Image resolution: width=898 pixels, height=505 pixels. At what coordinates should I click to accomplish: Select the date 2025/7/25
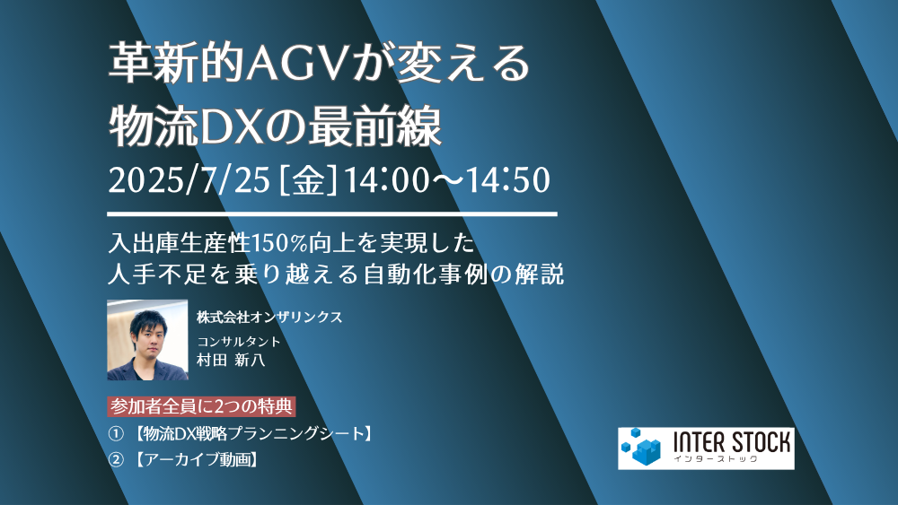189,179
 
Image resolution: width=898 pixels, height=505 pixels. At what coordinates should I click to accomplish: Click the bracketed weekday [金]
308,179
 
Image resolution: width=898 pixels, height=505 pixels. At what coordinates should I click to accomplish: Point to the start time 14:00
386,179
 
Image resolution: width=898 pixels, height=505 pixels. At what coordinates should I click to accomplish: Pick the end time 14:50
508,179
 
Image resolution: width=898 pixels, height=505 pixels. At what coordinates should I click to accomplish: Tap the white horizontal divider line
332,214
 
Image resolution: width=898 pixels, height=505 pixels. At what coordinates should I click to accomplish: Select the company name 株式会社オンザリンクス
269,317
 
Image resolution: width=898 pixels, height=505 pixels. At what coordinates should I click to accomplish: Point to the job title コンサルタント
238,342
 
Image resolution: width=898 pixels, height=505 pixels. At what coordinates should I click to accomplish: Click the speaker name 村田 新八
231,361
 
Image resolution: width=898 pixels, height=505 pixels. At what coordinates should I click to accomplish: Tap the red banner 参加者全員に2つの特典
201,406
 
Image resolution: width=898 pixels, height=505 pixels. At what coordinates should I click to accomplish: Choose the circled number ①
116,434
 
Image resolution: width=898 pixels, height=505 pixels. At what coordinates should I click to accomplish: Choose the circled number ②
116,459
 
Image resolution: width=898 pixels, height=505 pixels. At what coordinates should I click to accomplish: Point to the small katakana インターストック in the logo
716,458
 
